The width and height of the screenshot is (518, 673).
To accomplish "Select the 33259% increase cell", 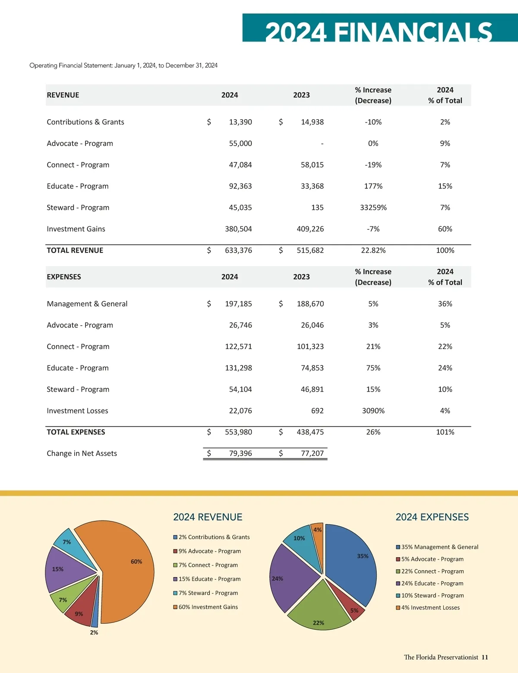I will pyautogui.click(x=373, y=208).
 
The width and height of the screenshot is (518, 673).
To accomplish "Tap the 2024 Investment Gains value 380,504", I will pyautogui.click(x=238, y=229).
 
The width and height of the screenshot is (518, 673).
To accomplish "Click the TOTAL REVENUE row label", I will pyautogui.click(x=75, y=251).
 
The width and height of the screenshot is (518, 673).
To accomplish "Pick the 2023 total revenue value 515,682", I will pyautogui.click(x=310, y=251).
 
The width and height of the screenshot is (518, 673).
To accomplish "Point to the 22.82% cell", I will pyautogui.click(x=373, y=251).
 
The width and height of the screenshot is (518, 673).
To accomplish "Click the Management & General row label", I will pyautogui.click(x=87, y=304).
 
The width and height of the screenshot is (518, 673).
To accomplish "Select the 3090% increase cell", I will pyautogui.click(x=373, y=411).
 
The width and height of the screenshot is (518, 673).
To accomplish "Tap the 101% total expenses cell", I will pyautogui.click(x=445, y=432).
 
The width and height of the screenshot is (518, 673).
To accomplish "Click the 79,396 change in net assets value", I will pyautogui.click(x=240, y=454).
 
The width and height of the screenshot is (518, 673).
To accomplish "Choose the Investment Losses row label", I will pyautogui.click(x=78, y=411).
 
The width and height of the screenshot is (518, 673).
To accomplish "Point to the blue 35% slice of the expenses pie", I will pyautogui.click(x=352, y=562).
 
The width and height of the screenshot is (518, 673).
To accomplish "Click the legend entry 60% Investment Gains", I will pyautogui.click(x=208, y=607).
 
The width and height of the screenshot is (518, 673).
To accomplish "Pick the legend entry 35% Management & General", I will pyautogui.click(x=439, y=547).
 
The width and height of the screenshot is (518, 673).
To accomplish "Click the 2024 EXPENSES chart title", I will pyautogui.click(x=432, y=517).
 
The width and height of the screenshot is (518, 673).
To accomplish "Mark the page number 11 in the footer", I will pyautogui.click(x=485, y=657).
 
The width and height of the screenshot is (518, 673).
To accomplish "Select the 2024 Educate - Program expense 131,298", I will pyautogui.click(x=238, y=368).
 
